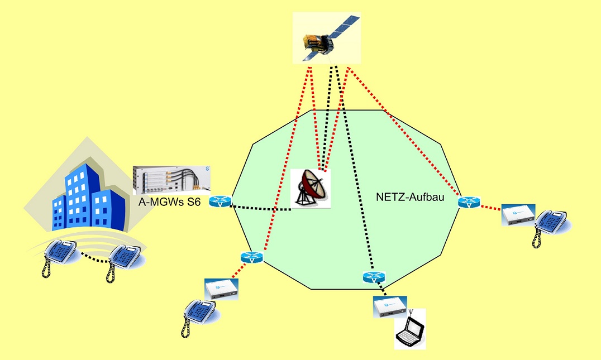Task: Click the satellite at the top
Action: [327, 38]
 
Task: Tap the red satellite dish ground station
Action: [311, 189]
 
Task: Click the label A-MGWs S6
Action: [169, 202]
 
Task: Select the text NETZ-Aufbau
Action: [410, 197]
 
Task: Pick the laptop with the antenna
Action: [410, 329]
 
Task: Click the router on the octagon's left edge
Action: [221, 201]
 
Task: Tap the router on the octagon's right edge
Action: [469, 202]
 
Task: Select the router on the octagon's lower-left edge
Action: [252, 257]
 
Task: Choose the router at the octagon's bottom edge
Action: [374, 277]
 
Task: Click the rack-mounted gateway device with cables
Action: [171, 180]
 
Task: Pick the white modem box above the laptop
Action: [390, 307]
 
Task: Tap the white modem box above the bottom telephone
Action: [222, 289]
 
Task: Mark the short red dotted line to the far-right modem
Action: [490, 207]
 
